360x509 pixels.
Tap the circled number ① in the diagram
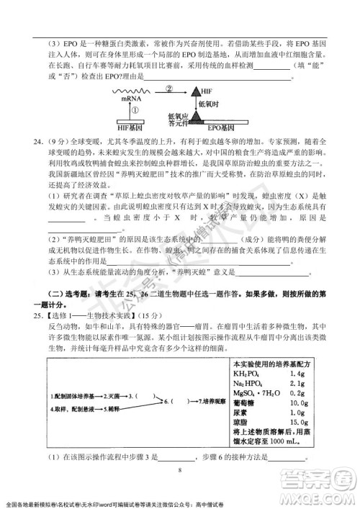click(135, 111)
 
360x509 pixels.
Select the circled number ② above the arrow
click(169, 89)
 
